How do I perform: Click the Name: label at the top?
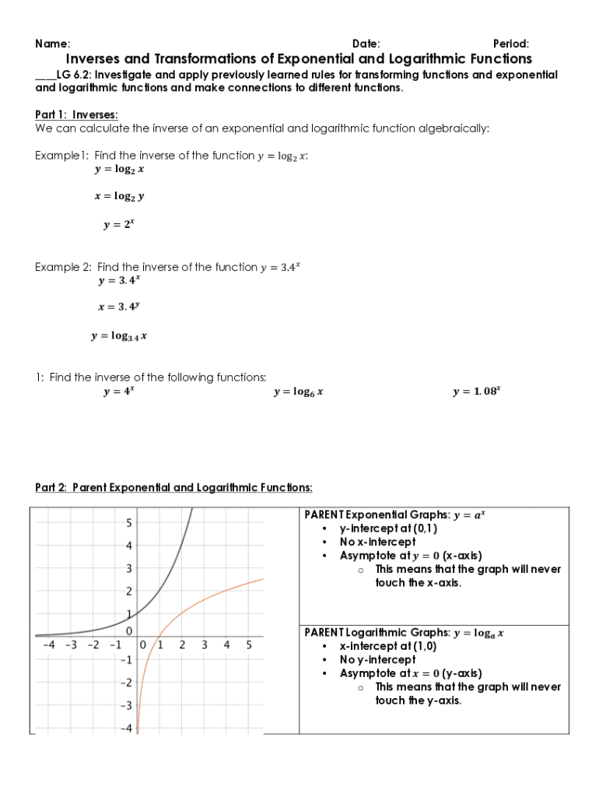click(x=53, y=44)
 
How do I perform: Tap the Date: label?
click(x=366, y=44)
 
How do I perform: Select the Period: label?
click(x=511, y=44)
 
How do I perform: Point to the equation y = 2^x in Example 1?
click(x=119, y=224)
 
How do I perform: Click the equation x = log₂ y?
click(x=119, y=197)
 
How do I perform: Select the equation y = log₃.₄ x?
click(x=119, y=336)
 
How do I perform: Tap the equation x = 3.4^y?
click(x=119, y=307)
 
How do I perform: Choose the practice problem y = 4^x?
click(x=119, y=391)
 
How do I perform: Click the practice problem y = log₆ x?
click(x=298, y=392)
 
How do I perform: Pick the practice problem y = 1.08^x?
click(x=476, y=391)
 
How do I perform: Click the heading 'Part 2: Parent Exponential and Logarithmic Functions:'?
click(x=173, y=488)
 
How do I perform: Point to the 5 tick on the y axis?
click(x=129, y=522)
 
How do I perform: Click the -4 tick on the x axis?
click(x=48, y=645)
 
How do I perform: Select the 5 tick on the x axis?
click(x=249, y=645)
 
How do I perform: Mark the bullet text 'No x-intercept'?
click(x=377, y=542)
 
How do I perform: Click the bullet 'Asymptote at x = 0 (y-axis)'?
click(x=411, y=673)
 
